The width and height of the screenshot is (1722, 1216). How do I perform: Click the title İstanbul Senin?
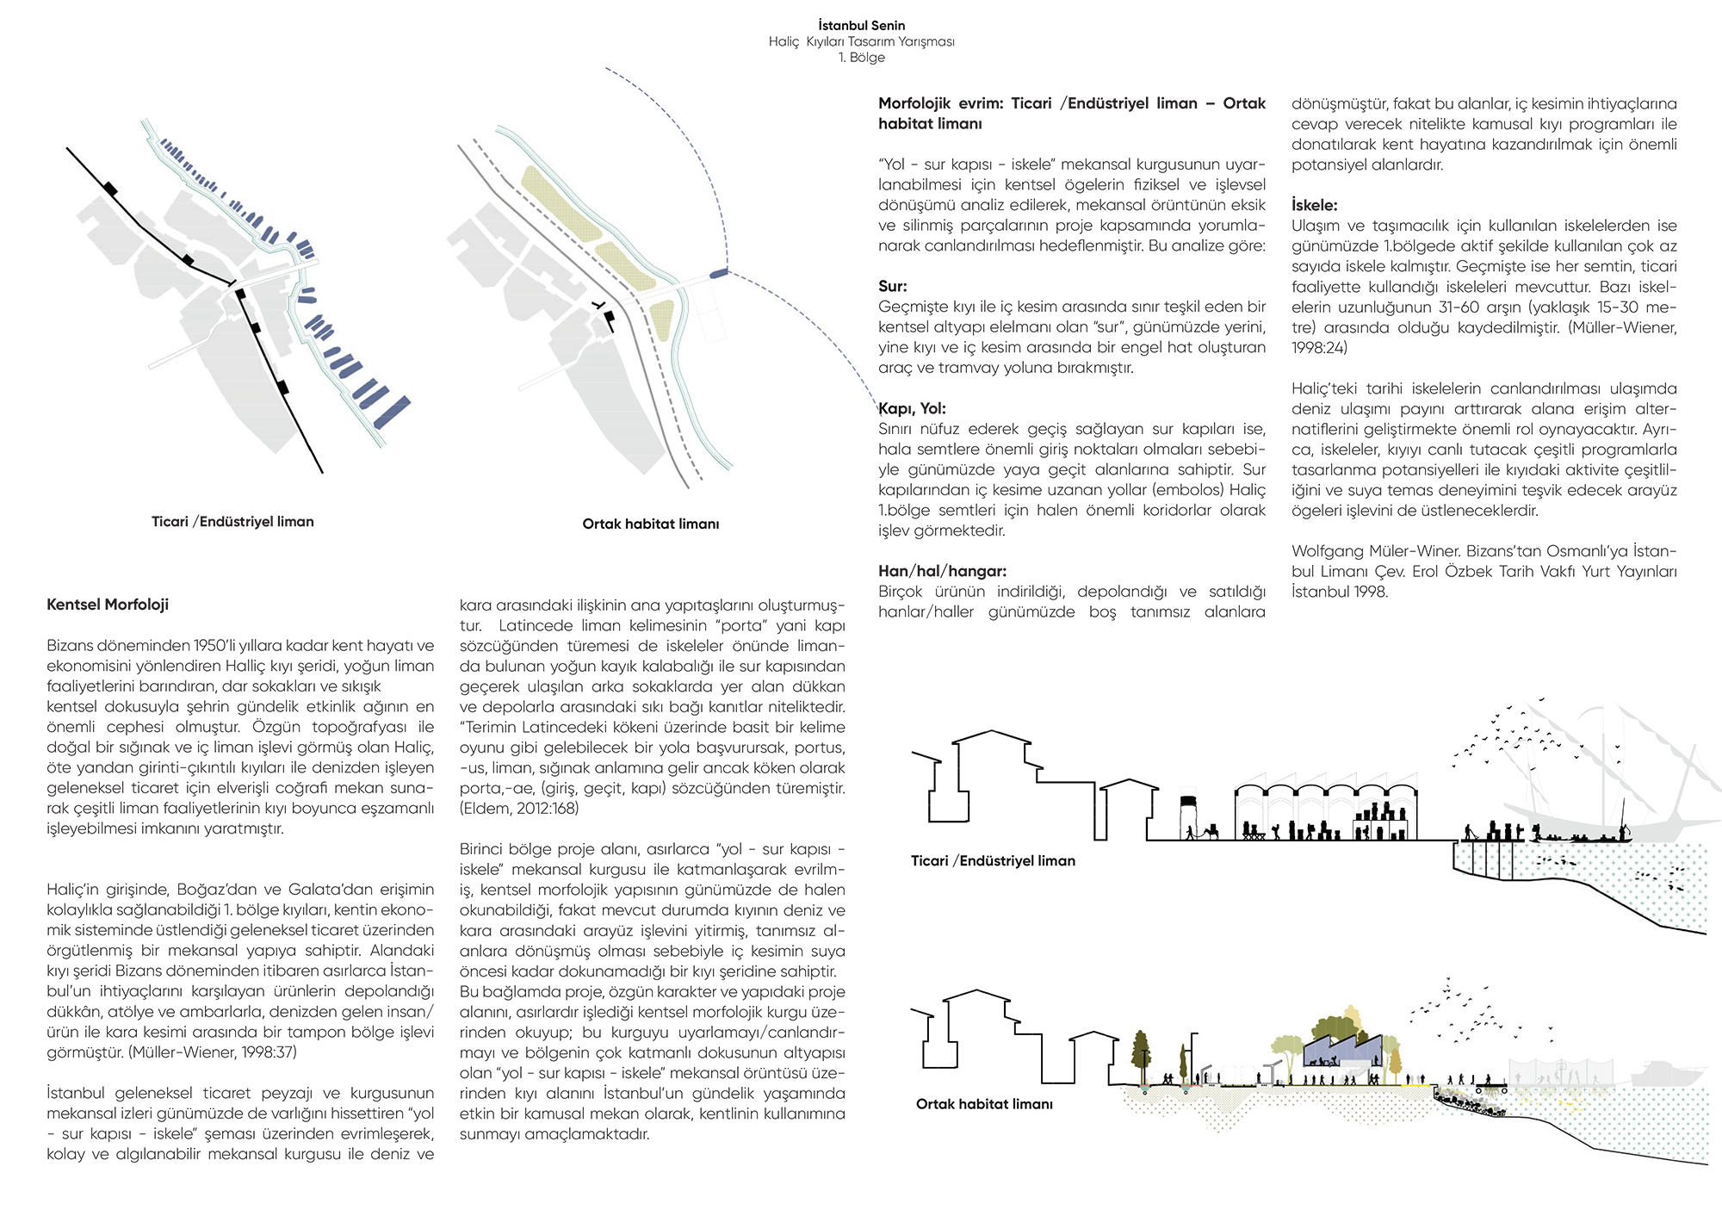point(861,26)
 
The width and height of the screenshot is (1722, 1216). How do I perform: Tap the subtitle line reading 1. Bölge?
point(861,58)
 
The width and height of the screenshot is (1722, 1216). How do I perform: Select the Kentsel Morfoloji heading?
point(108,605)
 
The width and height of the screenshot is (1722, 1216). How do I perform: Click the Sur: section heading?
point(892,286)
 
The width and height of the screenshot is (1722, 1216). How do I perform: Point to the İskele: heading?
point(1314,205)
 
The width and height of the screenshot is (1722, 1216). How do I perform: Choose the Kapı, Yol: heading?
point(912,408)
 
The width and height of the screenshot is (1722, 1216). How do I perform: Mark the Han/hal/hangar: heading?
point(942,571)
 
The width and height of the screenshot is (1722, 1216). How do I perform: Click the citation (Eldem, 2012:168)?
point(519,809)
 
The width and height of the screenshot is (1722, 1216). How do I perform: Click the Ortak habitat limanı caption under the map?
point(650,524)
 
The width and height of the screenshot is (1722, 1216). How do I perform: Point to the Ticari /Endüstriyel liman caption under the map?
point(232,522)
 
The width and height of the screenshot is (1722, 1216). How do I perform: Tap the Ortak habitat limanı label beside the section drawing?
point(984,1104)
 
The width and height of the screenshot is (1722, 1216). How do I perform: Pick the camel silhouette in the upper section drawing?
point(1211,832)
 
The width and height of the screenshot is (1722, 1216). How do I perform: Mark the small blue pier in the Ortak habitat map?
point(718,274)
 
